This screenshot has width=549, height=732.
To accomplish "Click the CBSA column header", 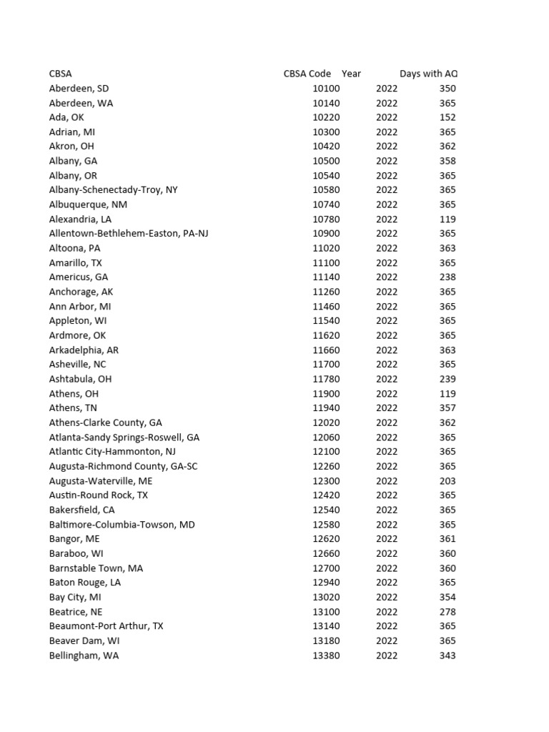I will click(x=60, y=74).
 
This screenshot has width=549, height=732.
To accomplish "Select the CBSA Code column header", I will click(x=307, y=74).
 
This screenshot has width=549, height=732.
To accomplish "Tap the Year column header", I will click(x=351, y=74).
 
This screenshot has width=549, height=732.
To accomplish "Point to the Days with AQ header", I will click(x=428, y=74).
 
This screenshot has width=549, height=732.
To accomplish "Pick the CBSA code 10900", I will click(x=326, y=234).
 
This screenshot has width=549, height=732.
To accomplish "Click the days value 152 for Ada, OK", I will click(x=447, y=117).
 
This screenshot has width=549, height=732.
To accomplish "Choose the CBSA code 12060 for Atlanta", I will click(x=326, y=437).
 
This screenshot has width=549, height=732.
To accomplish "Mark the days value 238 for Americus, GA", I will click(x=447, y=277).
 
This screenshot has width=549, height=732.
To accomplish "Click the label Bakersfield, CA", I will click(x=81, y=510).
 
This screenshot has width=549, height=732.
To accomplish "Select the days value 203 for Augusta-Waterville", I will click(x=447, y=481).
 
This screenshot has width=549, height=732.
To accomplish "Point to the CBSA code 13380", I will click(x=326, y=656).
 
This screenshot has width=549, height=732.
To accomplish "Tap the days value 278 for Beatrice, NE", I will click(x=447, y=612).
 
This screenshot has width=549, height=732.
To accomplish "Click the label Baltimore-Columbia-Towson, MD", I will click(x=122, y=525).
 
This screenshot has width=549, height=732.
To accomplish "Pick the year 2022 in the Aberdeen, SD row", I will click(x=387, y=89).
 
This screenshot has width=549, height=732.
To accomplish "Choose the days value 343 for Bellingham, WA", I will click(x=447, y=656).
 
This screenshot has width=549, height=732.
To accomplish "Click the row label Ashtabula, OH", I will click(x=80, y=379).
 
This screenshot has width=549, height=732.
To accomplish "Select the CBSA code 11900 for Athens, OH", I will click(x=326, y=394).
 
